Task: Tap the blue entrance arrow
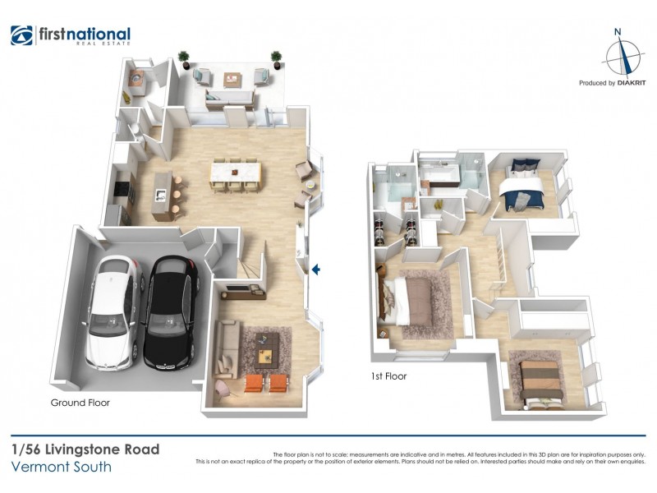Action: click(315, 269)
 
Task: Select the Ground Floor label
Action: click(80, 403)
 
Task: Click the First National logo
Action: click(71, 35)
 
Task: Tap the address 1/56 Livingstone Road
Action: click(85, 449)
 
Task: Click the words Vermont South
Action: click(62, 468)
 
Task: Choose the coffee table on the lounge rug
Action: click(264, 355)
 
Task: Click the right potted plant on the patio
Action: click(276, 58)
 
